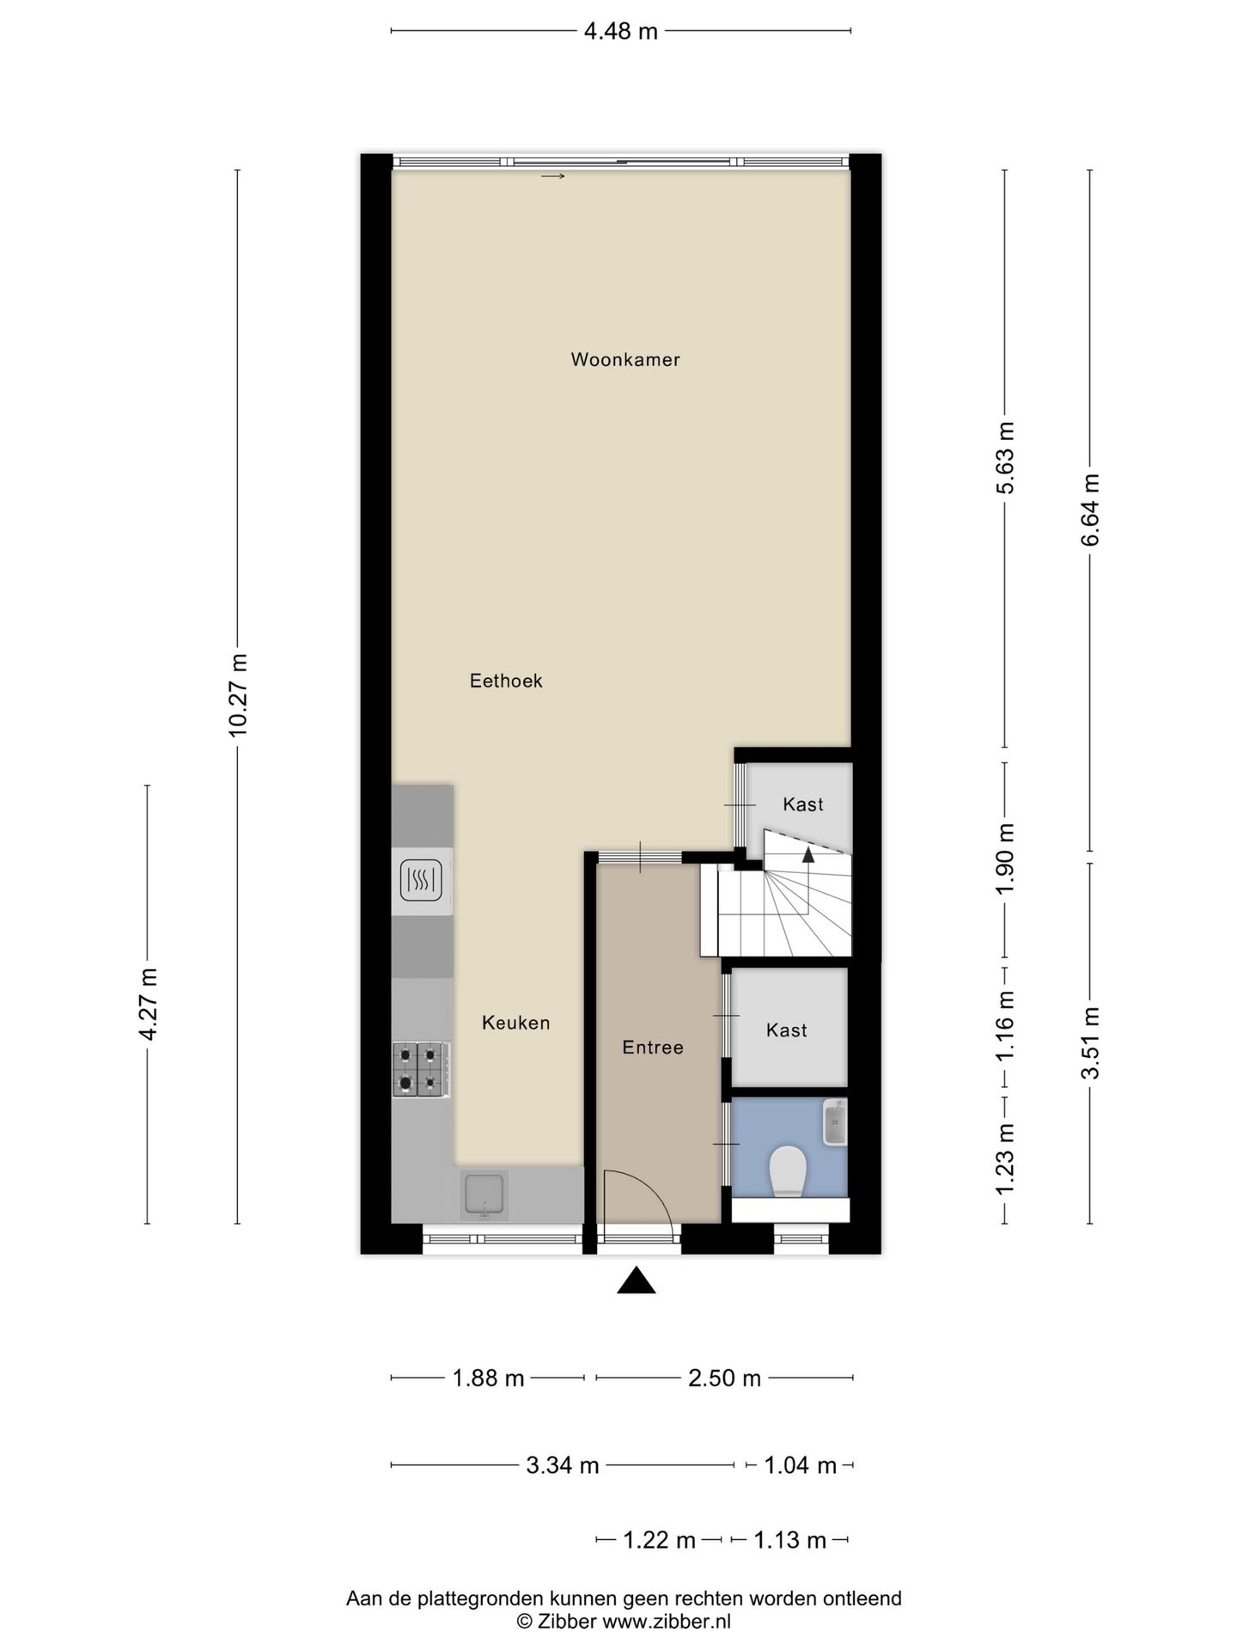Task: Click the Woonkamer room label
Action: (625, 359)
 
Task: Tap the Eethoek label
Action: (506, 681)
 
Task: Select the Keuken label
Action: (515, 1023)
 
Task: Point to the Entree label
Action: (653, 1047)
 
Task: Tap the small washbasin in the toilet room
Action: (835, 1122)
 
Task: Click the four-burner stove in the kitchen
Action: (421, 1069)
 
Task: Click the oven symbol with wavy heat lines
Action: (421, 880)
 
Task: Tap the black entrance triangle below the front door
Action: (637, 1280)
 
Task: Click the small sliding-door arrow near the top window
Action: (553, 177)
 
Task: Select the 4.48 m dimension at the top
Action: (620, 32)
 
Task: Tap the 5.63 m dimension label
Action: (1005, 457)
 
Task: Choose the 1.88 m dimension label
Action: (488, 1378)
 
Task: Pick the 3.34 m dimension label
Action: (563, 1465)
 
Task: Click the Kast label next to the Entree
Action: (787, 1030)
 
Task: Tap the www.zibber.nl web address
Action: (667, 1622)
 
